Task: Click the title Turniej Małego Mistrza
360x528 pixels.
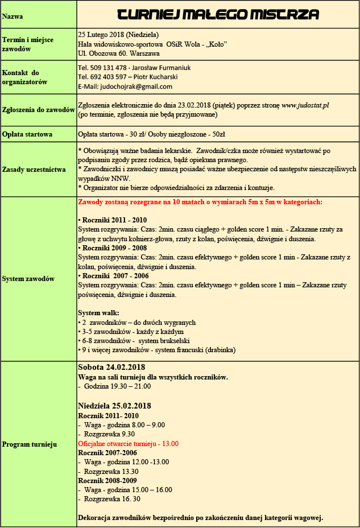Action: coord(217,15)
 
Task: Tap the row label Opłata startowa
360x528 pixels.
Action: coord(27,135)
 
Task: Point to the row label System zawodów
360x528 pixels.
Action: coord(28,279)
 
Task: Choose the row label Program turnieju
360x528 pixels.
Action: coord(30,444)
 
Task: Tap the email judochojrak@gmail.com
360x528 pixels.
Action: coord(136,86)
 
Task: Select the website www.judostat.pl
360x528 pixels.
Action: coord(305,105)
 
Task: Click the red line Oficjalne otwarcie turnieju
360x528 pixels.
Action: coord(128,443)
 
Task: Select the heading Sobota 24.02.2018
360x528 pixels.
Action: coord(111,368)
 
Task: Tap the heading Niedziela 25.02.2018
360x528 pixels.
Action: coord(114,406)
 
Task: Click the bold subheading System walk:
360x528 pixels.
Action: coord(98,313)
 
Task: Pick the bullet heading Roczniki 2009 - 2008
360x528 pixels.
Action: coord(114,248)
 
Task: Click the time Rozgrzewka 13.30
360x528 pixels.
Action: coord(111,471)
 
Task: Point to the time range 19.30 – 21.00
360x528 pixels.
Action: coord(130,386)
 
